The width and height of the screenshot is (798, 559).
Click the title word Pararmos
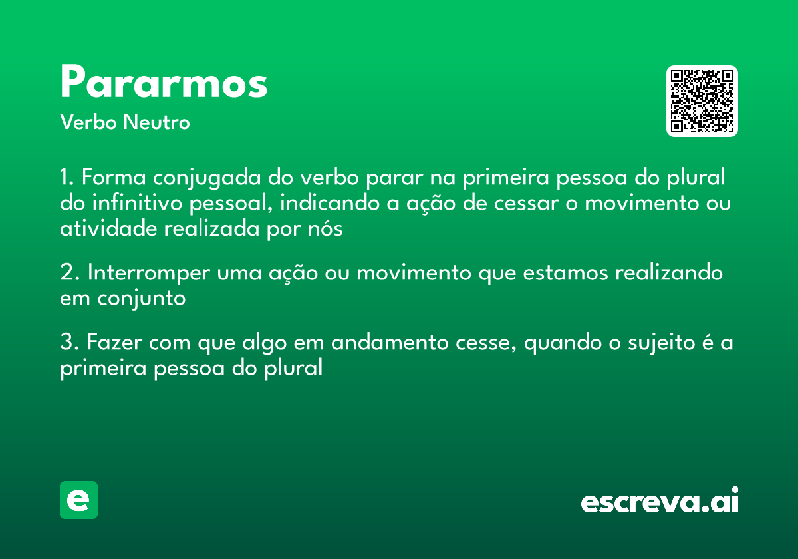pyautogui.click(x=164, y=83)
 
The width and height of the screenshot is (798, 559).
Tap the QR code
pyautogui.click(x=702, y=101)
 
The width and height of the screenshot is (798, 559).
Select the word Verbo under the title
pyautogui.click(x=87, y=123)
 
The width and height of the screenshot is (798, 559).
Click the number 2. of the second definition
pyautogui.click(x=69, y=274)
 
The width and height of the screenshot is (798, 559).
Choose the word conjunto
pyautogui.click(x=142, y=299)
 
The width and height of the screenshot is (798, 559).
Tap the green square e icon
pyautogui.click(x=78, y=500)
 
